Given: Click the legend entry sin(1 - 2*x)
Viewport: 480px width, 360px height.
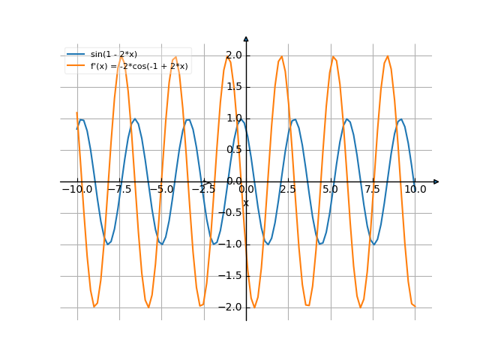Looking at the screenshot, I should pos(113,55).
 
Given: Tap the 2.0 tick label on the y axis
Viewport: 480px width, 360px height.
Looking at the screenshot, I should pos(234,55).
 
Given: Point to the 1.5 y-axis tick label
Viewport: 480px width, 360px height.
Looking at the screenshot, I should pos(234,87).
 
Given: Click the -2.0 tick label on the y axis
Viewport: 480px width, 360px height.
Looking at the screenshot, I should pos(232,307).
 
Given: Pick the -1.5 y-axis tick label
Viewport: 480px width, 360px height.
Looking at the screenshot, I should pos(232,276).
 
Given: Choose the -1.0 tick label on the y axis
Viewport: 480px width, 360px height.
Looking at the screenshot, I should pos(232,244).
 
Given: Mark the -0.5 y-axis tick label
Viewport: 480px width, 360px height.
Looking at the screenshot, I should pos(232,213).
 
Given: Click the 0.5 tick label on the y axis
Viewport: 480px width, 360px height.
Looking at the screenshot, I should pos(234,150).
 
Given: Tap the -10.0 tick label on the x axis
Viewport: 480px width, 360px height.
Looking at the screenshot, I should pos(76,190).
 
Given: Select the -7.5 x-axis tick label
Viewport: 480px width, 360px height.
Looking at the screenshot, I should pos(118,190).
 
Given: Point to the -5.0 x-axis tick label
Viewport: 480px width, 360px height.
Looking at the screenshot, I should pos(160,190).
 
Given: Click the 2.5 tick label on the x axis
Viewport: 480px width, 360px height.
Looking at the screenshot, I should pos(288,190).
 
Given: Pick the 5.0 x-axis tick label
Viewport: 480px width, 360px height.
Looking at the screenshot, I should pos(330,190).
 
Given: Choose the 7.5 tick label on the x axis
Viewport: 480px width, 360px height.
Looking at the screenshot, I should pos(373,190).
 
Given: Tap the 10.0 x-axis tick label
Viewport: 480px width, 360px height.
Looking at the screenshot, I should pos(415,190).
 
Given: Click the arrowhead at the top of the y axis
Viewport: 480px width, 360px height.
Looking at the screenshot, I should pos(246,38).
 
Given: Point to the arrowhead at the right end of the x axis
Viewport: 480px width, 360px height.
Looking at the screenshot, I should pos(436,181).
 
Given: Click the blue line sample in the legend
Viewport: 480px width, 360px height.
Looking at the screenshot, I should pos(76,55).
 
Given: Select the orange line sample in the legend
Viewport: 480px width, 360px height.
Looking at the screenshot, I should pos(76,67).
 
